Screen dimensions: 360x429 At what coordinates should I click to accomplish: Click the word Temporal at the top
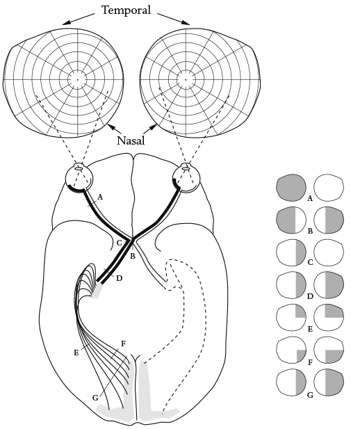click(126, 10)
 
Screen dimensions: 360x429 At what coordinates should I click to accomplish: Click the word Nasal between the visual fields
click(131, 140)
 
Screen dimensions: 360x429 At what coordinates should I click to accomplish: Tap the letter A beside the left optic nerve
click(100, 197)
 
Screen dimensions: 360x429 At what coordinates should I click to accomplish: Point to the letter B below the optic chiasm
click(133, 257)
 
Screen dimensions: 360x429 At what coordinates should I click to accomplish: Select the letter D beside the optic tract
click(119, 278)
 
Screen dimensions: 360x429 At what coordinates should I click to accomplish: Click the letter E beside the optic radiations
click(76, 353)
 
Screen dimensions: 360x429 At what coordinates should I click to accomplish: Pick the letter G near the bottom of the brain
click(95, 398)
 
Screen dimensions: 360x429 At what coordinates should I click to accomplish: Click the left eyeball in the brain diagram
click(79, 179)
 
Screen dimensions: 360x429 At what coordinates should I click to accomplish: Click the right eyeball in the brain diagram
click(186, 178)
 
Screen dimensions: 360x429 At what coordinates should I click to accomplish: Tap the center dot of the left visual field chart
click(78, 80)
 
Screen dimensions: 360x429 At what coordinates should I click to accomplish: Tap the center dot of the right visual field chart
click(186, 80)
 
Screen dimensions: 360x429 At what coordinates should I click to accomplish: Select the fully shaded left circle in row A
click(291, 188)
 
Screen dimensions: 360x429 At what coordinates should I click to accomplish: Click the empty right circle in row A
click(329, 188)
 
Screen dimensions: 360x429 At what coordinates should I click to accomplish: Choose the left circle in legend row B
click(291, 220)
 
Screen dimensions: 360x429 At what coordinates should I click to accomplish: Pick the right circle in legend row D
click(329, 285)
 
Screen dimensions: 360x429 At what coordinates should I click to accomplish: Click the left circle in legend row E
click(291, 318)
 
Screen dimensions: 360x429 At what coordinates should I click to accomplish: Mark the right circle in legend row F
click(329, 350)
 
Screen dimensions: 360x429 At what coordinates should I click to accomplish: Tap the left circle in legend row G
click(291, 382)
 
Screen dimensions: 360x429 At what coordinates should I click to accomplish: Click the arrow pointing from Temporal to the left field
click(79, 19)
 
